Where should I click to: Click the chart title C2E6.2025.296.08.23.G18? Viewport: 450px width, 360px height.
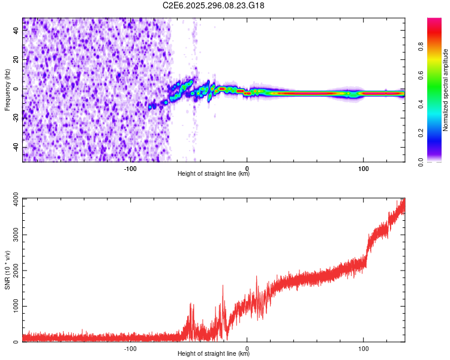pos(214,5)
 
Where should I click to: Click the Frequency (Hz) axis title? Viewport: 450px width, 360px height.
pos(7,90)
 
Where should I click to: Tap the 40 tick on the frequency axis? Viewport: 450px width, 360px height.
pos(16,31)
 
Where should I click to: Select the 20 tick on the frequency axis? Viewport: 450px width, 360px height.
pos(16,60)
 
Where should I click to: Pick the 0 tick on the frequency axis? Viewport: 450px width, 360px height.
pos(16,89)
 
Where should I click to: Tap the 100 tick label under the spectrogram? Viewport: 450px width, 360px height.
pos(363,168)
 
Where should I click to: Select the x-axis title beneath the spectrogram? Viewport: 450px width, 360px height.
pos(214,174)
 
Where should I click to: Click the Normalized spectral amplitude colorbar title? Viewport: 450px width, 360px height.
pos(446,90)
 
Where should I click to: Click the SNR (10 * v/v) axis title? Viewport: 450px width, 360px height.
pos(7,270)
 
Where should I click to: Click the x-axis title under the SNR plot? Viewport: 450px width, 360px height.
pos(214,354)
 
